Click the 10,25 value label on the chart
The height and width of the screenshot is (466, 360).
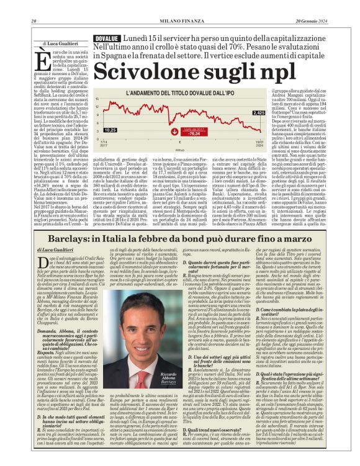[x=110, y=130]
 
